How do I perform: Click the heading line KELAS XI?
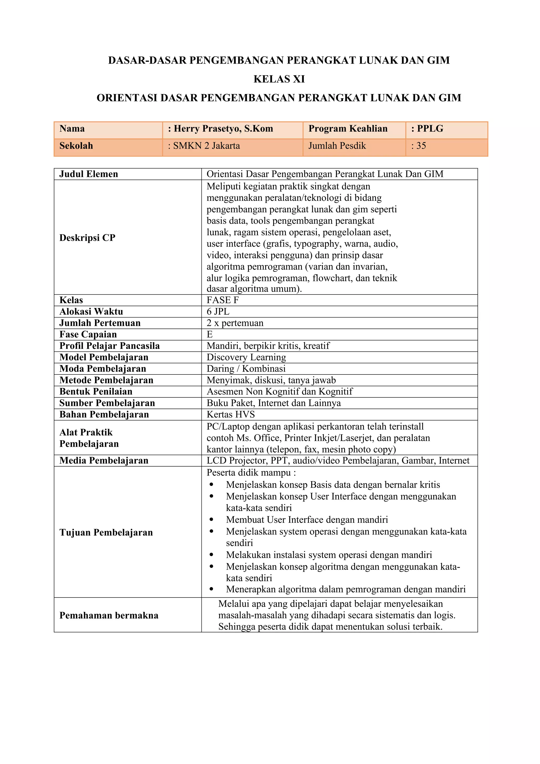click(279, 79)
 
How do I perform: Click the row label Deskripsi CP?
click(87, 238)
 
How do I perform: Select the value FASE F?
click(223, 300)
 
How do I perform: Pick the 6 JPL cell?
click(218, 311)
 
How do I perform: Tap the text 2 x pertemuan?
click(235, 323)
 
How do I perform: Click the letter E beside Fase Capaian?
click(209, 334)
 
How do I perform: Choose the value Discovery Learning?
click(246, 357)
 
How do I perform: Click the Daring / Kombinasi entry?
click(246, 369)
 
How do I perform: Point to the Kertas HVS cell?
click(230, 414)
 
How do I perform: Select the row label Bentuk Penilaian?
click(96, 391)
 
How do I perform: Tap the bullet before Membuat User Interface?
click(211, 519)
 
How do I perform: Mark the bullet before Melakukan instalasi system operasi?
click(211, 555)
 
